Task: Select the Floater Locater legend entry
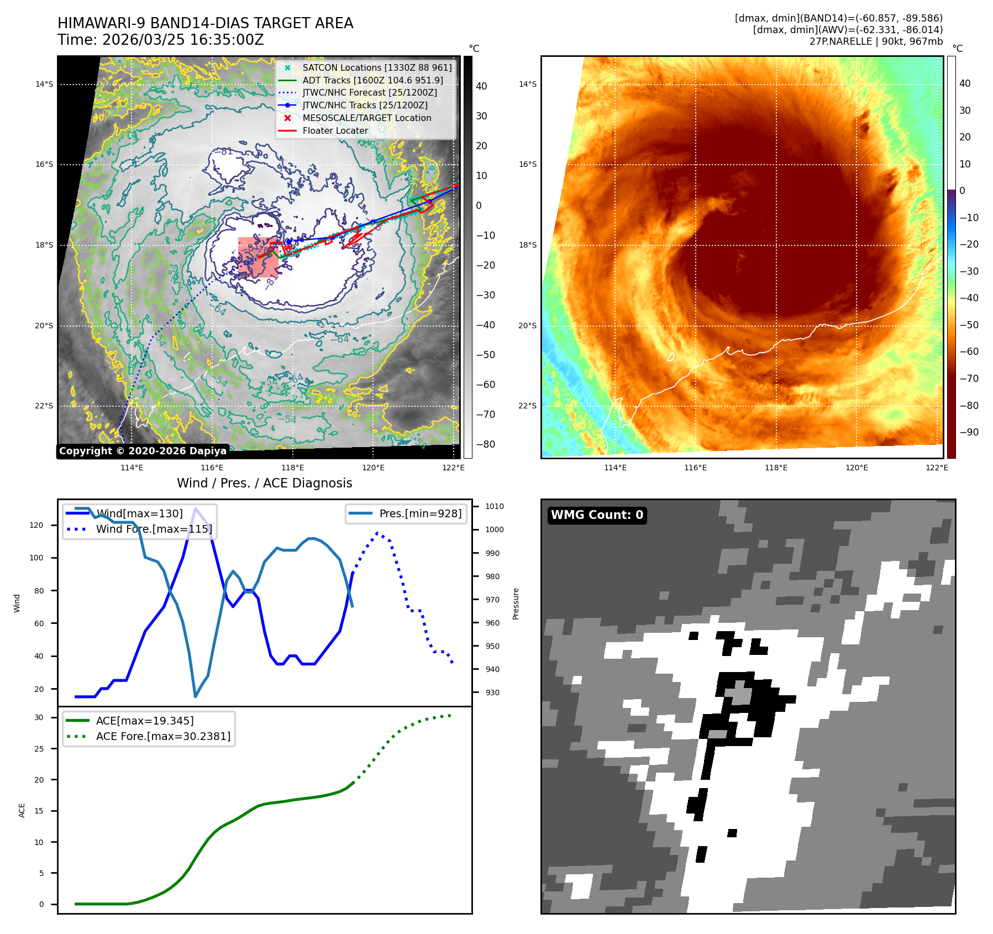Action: click(x=335, y=130)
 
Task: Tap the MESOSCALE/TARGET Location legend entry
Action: click(x=366, y=118)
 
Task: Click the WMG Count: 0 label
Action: click(x=597, y=515)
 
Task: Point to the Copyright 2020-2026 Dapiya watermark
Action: click(x=143, y=451)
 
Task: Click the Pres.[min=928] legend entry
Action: click(x=420, y=513)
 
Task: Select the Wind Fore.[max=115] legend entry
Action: click(x=154, y=529)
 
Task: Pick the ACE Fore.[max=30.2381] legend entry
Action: click(x=163, y=736)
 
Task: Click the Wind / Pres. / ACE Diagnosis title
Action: click(x=264, y=483)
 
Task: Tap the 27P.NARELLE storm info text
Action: click(x=876, y=41)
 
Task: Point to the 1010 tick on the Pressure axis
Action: click(x=495, y=506)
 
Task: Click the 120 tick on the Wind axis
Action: click(x=36, y=525)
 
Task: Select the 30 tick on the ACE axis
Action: click(x=39, y=717)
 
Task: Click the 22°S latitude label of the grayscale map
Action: click(x=44, y=406)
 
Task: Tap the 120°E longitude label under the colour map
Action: click(x=857, y=468)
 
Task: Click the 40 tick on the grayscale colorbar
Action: click(x=481, y=86)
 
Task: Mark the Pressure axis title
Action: click(x=516, y=604)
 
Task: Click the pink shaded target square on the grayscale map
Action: click(x=258, y=257)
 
